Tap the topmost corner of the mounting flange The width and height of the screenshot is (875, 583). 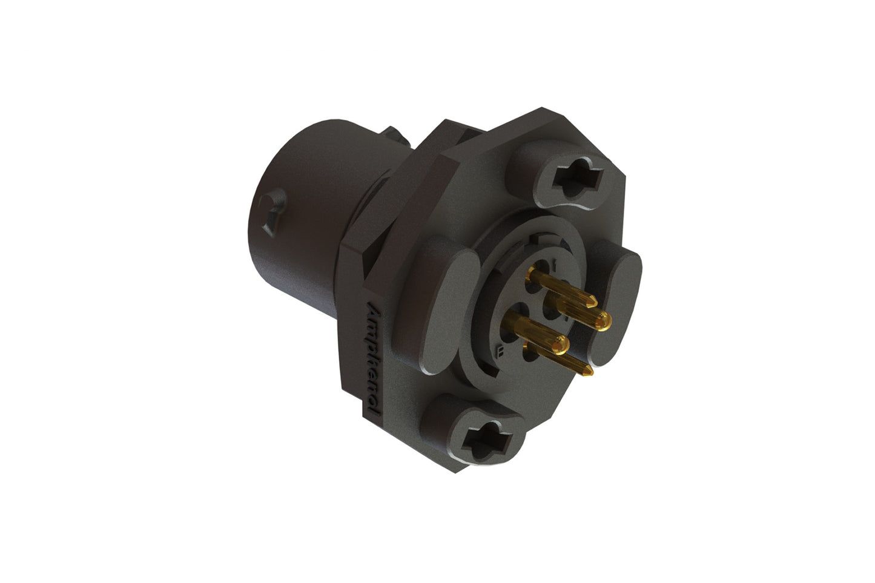pos(541,109)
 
